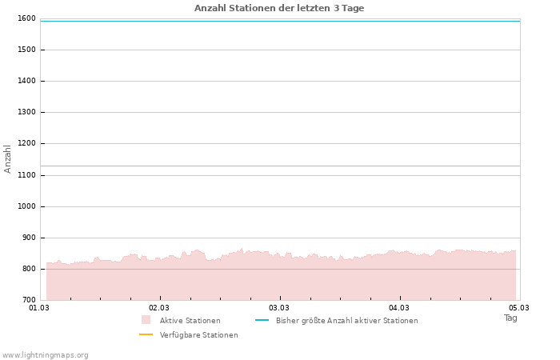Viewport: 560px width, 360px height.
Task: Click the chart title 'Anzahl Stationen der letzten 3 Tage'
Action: coord(279,8)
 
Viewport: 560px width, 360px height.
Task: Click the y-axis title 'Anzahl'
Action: coord(8,158)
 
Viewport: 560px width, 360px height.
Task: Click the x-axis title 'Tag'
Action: coord(510,318)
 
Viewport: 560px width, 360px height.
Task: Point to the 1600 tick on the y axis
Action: coord(26,18)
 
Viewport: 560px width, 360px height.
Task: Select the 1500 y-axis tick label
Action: coord(26,50)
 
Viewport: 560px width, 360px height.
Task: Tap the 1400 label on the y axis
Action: coord(26,81)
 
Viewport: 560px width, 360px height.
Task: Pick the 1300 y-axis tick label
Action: coord(26,112)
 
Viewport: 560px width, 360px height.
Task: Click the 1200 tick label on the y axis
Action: coord(26,144)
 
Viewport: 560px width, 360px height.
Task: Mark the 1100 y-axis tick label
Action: coord(26,175)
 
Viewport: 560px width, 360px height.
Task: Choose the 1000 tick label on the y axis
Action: coord(26,206)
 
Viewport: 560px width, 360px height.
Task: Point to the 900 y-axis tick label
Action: coord(28,238)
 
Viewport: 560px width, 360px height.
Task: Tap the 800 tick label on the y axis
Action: coord(28,269)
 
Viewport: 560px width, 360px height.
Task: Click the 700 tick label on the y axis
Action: coord(28,300)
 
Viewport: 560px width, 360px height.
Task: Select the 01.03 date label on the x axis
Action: coord(39,307)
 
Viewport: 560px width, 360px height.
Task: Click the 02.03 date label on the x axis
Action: coord(159,307)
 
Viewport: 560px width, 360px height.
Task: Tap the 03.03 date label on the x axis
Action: coord(279,307)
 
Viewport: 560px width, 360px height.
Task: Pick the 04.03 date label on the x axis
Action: coord(399,307)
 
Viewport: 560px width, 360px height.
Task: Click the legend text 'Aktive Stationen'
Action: coord(190,321)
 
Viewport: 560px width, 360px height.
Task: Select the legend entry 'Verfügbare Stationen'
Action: coord(198,335)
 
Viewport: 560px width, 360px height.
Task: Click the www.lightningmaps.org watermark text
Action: coord(46,354)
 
